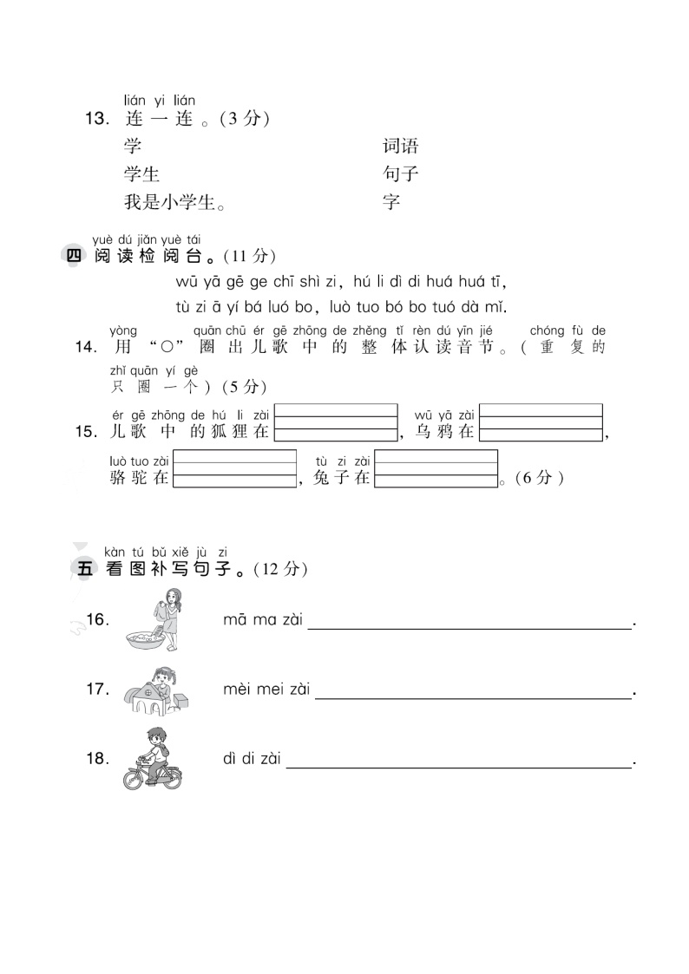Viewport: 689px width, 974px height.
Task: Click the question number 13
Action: click(95, 120)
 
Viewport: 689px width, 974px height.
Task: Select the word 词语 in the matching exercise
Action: click(400, 146)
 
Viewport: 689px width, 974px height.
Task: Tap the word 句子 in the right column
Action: click(400, 174)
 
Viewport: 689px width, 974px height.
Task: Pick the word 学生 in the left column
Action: click(141, 174)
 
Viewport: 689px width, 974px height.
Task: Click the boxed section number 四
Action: click(73, 256)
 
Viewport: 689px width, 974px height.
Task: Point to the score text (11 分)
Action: click(249, 256)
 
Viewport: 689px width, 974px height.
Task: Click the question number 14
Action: click(86, 347)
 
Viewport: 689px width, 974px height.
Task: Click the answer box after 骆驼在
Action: click(234, 469)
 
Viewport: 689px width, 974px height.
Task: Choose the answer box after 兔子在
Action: click(436, 469)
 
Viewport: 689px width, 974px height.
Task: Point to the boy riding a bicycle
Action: click(152, 758)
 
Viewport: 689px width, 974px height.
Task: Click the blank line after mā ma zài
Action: click(469, 622)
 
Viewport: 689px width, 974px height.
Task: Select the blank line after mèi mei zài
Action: click(473, 692)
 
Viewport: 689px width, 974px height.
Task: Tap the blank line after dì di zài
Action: click(458, 761)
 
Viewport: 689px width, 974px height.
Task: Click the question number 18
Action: click(97, 758)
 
